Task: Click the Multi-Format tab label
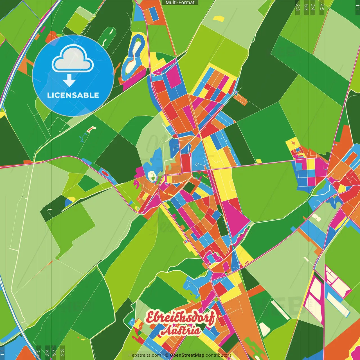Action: tap(180, 3)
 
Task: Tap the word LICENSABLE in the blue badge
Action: tap(73, 95)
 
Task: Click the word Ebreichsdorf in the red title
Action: tap(180, 318)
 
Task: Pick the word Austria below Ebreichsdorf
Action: tap(181, 331)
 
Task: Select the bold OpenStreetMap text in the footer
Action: tap(187, 355)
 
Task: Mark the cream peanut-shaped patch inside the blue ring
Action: tap(134, 55)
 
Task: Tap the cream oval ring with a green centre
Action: tap(152, 175)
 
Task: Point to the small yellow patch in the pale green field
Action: tap(219, 19)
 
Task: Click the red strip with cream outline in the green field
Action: tap(91, 129)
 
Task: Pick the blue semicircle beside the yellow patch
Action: tap(68, 202)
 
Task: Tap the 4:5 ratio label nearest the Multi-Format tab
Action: tap(321, 7)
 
